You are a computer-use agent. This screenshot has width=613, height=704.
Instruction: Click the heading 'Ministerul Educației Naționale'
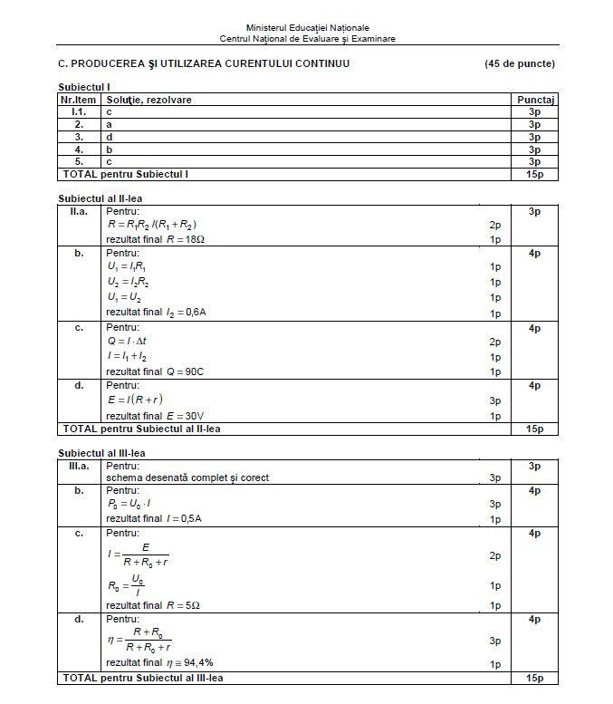(x=307, y=28)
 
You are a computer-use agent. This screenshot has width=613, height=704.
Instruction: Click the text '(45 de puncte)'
(x=520, y=63)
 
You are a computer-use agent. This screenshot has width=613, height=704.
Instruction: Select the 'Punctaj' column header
(x=534, y=99)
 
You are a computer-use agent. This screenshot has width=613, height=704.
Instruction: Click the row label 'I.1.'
(x=80, y=111)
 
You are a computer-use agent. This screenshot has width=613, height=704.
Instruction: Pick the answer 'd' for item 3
(x=110, y=136)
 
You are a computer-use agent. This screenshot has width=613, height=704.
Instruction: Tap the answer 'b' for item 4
(x=110, y=149)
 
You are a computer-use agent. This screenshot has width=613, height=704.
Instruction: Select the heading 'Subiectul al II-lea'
(x=101, y=198)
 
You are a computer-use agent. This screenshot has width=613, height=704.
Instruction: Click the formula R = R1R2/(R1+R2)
(x=152, y=225)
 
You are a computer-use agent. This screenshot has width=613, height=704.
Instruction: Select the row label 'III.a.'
(x=80, y=466)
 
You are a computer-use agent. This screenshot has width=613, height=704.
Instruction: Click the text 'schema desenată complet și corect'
(x=187, y=477)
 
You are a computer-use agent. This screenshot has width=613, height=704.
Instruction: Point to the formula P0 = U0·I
(x=132, y=504)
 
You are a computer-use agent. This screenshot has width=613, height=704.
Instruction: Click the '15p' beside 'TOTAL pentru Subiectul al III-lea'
(x=534, y=678)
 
